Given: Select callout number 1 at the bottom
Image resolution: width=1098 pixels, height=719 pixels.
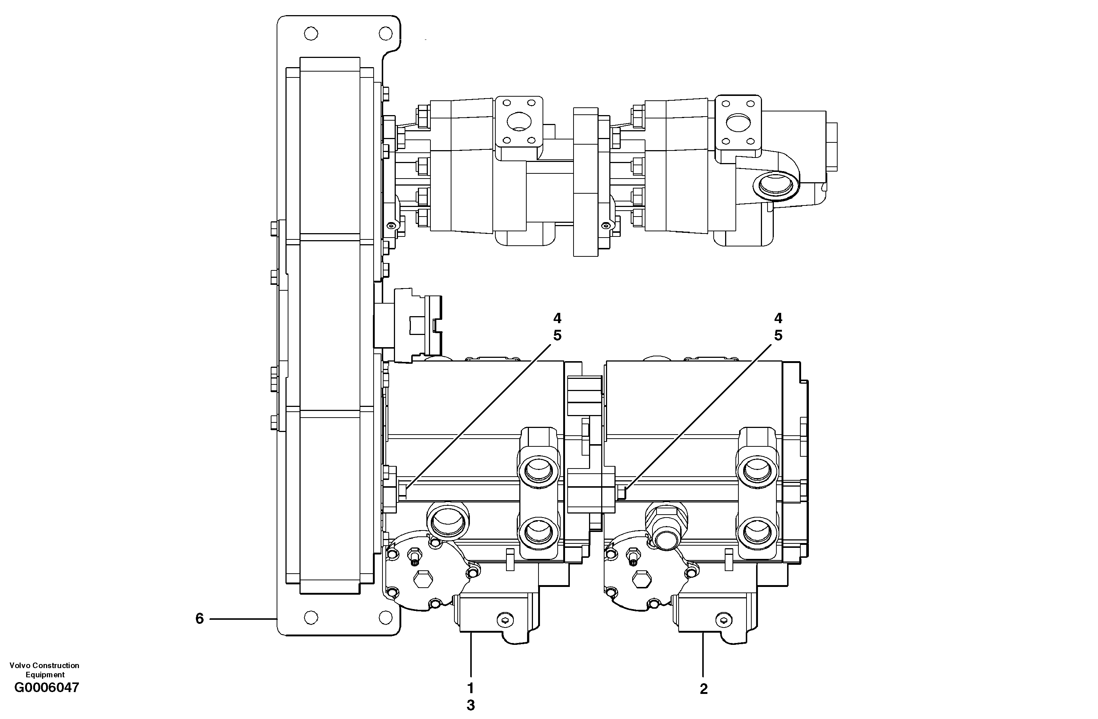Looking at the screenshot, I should coord(471,688).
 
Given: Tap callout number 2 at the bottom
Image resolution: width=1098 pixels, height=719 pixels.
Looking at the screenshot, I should coord(704,689).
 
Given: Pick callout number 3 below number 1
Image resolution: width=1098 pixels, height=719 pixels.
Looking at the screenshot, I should coord(471,706).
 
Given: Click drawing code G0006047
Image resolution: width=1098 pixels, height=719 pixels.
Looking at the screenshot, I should coord(46,688).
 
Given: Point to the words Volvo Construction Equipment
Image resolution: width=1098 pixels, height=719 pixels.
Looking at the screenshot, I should coord(44,670).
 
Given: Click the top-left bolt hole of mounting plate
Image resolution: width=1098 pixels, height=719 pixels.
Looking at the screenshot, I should coord(311,34).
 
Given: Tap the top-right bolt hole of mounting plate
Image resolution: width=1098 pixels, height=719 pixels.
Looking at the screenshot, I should coord(385,34).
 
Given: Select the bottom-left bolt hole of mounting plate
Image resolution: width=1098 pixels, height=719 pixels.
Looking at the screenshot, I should coord(311,618).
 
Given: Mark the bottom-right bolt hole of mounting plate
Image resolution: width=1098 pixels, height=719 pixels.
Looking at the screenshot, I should coord(385,618).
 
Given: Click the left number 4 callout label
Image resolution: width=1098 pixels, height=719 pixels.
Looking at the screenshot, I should coord(557,318).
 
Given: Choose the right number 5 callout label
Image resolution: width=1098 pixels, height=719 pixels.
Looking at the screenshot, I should coord(778,335).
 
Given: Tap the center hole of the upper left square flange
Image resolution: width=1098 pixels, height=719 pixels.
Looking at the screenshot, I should coord(519,122).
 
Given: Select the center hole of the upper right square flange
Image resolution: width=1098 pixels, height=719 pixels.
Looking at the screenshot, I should coord(738,122).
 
